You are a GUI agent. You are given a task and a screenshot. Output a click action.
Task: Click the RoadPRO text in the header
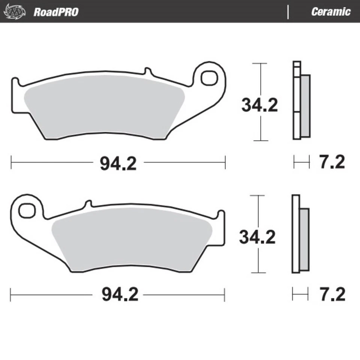click(56, 12)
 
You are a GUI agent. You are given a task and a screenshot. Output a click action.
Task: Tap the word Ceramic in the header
click(330, 11)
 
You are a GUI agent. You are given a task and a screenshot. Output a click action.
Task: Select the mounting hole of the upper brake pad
click(209, 78)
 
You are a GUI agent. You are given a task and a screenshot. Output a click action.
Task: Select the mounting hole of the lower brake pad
click(27, 210)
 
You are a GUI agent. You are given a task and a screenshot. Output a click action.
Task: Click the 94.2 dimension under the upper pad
click(118, 163)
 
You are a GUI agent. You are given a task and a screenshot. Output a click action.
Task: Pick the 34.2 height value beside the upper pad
click(259, 105)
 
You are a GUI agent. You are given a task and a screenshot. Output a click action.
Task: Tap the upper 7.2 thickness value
click(331, 163)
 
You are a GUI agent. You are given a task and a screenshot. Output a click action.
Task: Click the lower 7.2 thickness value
click(331, 295)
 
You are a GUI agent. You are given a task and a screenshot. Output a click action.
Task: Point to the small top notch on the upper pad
click(147, 71)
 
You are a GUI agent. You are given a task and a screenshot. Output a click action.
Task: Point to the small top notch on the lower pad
click(88, 204)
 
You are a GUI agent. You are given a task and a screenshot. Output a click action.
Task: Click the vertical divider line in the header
click(288, 12)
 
